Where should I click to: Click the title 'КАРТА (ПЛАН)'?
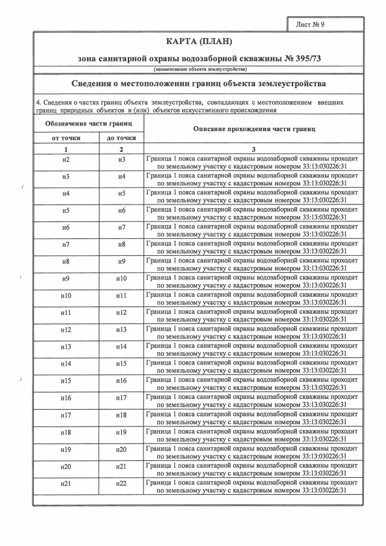click(198, 42)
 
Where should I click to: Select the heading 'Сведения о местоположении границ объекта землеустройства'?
click(198, 83)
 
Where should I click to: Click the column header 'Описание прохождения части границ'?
click(254, 130)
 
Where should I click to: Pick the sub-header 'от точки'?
click(66, 138)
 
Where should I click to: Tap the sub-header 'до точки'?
click(121, 138)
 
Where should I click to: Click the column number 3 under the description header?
click(254, 148)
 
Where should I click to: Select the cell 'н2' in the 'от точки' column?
click(66, 159)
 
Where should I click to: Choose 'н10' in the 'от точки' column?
click(66, 296)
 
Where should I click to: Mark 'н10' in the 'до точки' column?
click(121, 279)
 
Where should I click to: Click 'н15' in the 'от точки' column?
click(66, 381)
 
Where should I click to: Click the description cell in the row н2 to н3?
click(253, 159)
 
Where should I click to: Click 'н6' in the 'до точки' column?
click(121, 211)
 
